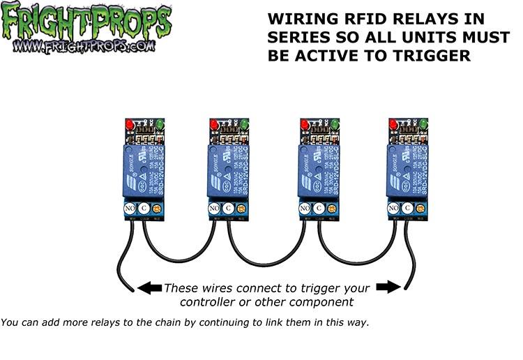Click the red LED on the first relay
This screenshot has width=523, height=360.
point(129,125)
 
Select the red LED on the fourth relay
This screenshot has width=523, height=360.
point(393,125)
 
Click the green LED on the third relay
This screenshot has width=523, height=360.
point(335,125)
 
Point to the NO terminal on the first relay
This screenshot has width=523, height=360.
point(129,208)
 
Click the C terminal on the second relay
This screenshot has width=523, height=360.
point(231,208)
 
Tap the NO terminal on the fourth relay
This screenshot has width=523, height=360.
point(393,208)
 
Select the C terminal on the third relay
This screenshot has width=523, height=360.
point(319,208)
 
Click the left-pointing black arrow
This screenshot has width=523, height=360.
point(149,287)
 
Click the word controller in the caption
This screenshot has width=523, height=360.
point(212,302)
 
